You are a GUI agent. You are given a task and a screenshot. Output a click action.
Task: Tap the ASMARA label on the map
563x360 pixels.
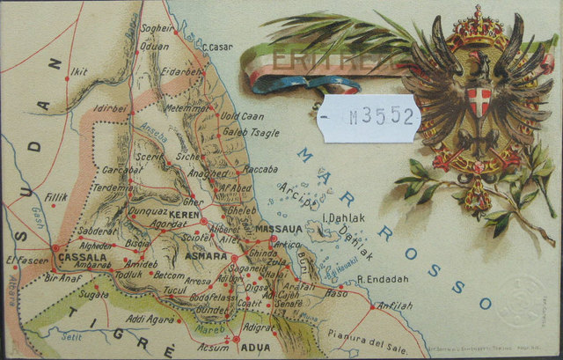coord(208,256)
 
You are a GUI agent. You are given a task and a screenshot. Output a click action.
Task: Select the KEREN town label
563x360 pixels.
coord(186,215)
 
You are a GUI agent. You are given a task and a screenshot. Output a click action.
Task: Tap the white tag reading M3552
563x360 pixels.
coord(370,117)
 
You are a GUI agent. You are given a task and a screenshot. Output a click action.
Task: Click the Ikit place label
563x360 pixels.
coord(79,72)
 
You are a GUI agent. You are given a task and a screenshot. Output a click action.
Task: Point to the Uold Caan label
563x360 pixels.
coord(241,116)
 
